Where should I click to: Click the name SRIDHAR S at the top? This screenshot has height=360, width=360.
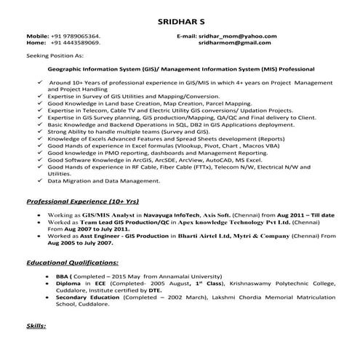pos(180,22)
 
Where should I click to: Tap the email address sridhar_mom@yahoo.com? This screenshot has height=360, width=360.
pos(241,36)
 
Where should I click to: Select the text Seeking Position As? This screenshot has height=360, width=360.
pos(55,55)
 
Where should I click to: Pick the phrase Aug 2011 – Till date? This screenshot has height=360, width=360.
pos(309,215)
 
